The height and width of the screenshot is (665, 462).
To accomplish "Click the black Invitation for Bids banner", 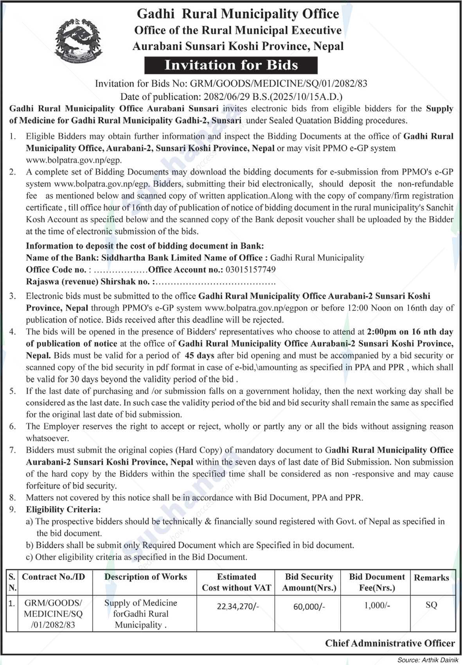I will [231, 65].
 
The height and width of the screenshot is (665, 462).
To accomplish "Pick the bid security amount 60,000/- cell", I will [309, 606].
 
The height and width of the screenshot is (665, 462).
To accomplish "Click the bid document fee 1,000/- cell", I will [377, 606].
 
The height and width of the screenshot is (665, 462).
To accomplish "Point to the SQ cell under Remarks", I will [431, 605].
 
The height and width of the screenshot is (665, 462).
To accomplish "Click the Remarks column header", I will [431, 578].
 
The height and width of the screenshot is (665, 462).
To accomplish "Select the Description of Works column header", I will [146, 577].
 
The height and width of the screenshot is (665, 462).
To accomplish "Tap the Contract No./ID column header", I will [54, 577].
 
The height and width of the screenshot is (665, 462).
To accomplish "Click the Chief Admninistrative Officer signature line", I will [390, 643].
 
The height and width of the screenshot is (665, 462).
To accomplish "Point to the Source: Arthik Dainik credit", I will [428, 660].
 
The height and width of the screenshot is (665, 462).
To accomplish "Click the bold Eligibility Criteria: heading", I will [63, 510].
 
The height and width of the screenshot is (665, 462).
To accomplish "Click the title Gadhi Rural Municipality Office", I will [238, 14].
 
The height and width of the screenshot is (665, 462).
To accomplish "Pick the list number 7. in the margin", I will [13, 450].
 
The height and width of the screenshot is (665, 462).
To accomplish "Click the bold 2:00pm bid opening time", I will [381, 332].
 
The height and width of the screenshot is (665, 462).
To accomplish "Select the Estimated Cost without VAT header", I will [237, 582].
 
